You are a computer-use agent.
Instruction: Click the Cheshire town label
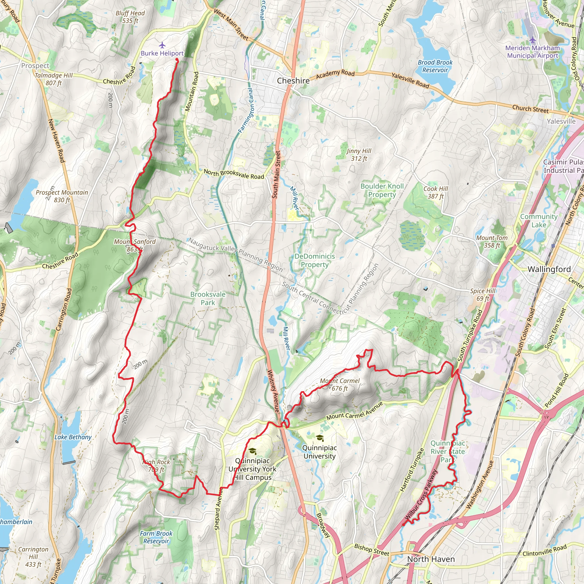293,81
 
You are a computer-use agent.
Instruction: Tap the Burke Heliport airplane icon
162,45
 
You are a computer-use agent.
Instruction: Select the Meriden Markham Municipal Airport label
532,52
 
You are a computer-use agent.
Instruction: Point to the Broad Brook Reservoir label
435,66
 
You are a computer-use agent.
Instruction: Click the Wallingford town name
549,269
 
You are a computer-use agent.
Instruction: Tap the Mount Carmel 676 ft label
340,384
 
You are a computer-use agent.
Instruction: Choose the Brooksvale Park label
208,298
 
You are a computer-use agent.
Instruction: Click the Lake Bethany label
73,437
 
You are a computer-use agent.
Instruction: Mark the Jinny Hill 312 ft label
359,155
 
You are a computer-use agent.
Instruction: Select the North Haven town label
431,559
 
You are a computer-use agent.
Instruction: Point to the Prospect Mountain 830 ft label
62,196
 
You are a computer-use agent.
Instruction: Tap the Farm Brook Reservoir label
156,537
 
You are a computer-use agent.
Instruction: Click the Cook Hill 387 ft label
436,192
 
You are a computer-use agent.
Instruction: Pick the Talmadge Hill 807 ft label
54,79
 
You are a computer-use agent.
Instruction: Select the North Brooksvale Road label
234,174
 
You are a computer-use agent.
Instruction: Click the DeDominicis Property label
315,260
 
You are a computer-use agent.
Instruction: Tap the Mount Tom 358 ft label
492,242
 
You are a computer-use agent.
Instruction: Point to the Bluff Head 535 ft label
130,17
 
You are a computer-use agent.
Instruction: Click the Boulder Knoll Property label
382,190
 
